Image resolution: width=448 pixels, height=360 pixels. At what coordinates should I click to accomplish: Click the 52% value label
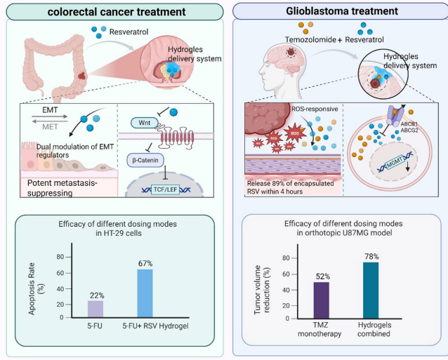(x=321, y=275)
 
